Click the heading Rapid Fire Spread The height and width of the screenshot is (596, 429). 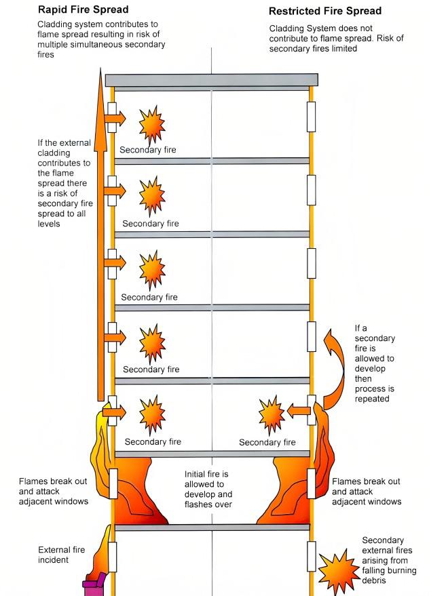point(83,10)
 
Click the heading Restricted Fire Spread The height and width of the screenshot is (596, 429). point(325,12)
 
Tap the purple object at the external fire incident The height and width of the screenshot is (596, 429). point(94,584)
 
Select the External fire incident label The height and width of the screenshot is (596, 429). point(62,555)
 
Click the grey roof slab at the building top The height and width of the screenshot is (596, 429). point(211,80)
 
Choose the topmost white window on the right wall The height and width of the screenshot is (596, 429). point(311,117)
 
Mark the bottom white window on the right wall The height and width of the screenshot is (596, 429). point(311,556)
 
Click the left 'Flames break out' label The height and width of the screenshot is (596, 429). point(53,491)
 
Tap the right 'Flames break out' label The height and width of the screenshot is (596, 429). point(366,491)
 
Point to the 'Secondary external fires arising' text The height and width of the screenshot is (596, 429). point(383,560)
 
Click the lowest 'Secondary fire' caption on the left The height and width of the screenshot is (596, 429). point(153,442)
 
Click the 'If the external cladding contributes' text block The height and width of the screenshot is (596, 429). point(65,183)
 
